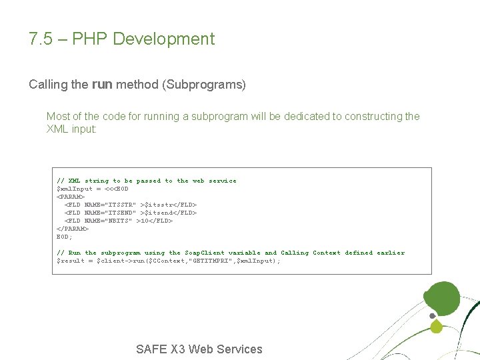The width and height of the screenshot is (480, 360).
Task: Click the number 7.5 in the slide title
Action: [x=39, y=39]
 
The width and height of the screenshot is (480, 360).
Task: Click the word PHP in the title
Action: [x=89, y=39]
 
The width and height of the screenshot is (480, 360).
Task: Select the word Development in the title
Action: [x=164, y=39]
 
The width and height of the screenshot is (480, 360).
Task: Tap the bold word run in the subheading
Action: [x=102, y=85]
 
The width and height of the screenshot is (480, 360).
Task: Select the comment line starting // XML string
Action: [x=147, y=181]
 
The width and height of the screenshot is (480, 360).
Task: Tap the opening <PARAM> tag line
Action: [x=71, y=197]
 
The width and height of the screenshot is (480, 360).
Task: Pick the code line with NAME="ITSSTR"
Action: [x=130, y=205]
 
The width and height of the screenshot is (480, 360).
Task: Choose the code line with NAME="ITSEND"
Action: [x=130, y=213]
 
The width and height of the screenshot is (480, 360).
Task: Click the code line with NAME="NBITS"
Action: [x=118, y=221]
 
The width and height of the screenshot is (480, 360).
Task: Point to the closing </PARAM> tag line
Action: [x=72, y=229]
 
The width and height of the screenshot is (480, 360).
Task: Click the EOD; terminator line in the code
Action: [x=64, y=237]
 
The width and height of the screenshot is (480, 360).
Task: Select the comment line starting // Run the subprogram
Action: [x=231, y=253]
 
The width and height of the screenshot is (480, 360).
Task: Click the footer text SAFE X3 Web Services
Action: [x=199, y=349]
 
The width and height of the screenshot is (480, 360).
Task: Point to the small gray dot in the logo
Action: [x=432, y=315]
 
